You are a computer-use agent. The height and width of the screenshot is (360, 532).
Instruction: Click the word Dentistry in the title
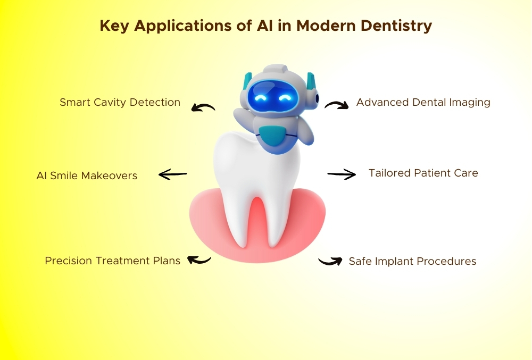click(396, 26)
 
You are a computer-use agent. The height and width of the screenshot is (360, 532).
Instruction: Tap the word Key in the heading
click(114, 26)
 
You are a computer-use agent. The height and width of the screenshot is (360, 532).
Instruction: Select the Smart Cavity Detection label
click(120, 103)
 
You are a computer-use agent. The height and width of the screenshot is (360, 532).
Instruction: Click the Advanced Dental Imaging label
click(423, 103)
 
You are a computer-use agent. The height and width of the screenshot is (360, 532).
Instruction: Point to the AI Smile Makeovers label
click(87, 175)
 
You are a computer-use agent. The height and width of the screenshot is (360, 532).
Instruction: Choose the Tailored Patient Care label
click(423, 173)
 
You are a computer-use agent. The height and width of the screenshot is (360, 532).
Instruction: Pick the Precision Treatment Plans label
click(113, 261)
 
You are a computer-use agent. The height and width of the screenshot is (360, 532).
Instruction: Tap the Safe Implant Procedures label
click(413, 261)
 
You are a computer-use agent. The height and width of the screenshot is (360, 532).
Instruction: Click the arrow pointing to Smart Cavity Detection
click(203, 106)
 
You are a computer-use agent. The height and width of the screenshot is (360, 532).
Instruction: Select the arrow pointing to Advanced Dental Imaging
click(337, 104)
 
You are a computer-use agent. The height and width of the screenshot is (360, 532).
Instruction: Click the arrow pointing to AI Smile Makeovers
click(172, 174)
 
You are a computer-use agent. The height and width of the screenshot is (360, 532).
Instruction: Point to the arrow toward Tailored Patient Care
click(342, 174)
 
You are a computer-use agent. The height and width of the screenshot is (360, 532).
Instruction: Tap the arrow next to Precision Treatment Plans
click(199, 260)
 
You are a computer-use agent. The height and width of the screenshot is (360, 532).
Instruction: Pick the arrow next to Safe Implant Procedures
click(330, 261)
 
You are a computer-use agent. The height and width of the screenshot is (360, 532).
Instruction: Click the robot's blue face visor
click(273, 96)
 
